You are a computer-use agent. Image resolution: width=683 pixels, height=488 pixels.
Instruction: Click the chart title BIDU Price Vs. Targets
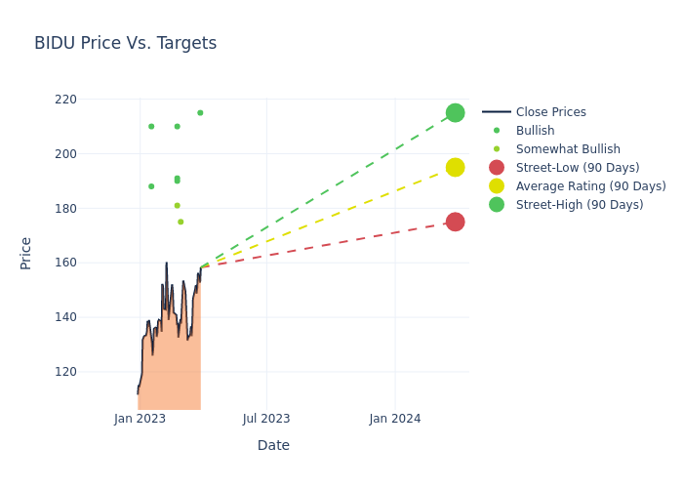tap(125, 44)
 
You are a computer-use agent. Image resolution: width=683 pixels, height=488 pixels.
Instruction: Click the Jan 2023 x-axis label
tap(140, 419)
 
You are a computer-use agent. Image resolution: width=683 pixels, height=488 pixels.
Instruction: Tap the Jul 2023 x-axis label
tap(266, 419)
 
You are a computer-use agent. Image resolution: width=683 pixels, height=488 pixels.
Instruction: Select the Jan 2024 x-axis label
tap(395, 419)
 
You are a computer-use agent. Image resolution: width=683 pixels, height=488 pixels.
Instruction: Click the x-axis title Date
tap(273, 446)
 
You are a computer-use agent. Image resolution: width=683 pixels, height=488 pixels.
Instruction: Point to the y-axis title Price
tap(26, 253)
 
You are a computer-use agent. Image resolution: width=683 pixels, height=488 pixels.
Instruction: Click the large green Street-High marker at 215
tap(455, 113)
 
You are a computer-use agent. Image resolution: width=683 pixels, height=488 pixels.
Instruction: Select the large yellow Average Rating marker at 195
tap(455, 167)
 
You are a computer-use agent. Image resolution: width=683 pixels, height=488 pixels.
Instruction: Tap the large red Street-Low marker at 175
tap(455, 222)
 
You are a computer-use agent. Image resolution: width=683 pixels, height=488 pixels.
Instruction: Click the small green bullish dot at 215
tap(200, 113)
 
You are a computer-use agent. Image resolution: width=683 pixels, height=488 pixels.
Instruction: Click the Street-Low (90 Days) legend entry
tap(577, 168)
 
